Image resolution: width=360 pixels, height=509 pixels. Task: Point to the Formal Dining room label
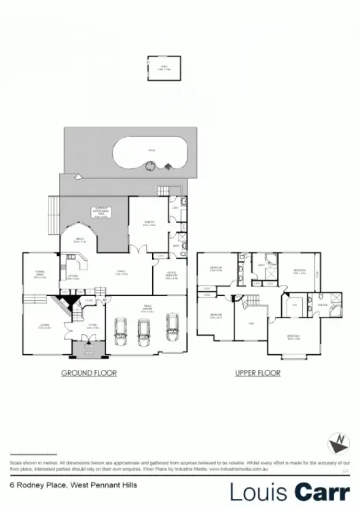click(x=40, y=274)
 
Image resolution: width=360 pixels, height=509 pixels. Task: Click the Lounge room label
click(x=45, y=328)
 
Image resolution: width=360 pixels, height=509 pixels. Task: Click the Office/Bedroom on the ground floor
click(x=171, y=277)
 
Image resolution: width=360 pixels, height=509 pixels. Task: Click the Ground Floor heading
click(x=89, y=373)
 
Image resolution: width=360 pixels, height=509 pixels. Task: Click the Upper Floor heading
click(x=258, y=373)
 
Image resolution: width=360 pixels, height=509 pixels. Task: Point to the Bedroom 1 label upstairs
click(x=293, y=337)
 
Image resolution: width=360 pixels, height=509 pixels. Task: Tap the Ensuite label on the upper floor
click(x=321, y=306)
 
